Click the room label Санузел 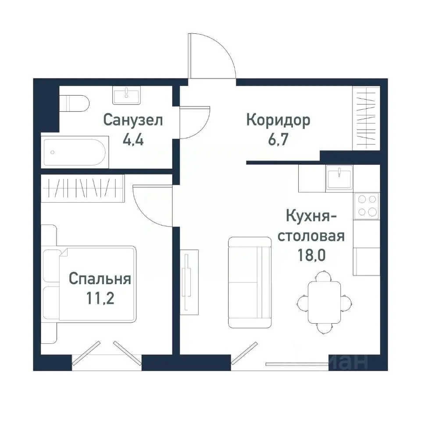point(133,120)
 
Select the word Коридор point(278,120)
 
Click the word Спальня point(100,279)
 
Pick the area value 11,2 point(100,300)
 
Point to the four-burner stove point(367,205)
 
